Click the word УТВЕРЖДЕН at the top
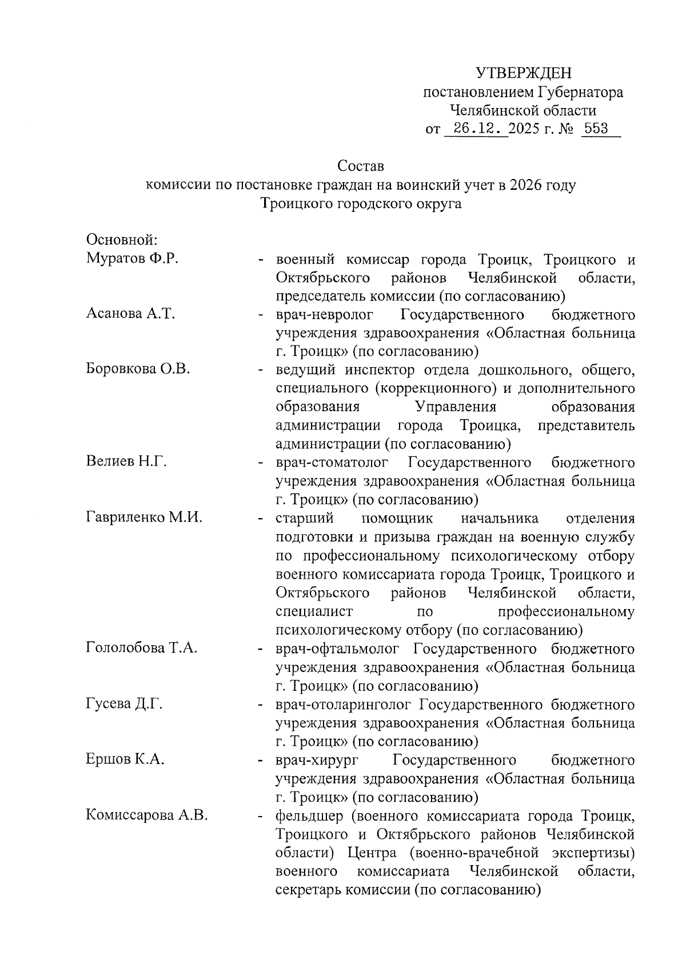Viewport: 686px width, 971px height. [524, 73]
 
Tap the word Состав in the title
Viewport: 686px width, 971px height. [361, 166]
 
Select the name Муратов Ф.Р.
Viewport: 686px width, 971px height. [133, 258]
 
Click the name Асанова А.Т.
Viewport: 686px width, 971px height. [130, 313]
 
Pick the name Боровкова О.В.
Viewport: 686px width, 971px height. [138, 369]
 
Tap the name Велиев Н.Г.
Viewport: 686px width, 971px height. [126, 461]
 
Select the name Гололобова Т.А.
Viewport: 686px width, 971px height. [142, 648]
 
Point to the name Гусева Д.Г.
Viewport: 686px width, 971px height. [125, 704]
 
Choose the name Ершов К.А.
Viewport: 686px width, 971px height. [125, 760]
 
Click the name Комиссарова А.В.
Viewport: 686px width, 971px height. [146, 815]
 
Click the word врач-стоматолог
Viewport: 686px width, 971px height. [332, 462]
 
